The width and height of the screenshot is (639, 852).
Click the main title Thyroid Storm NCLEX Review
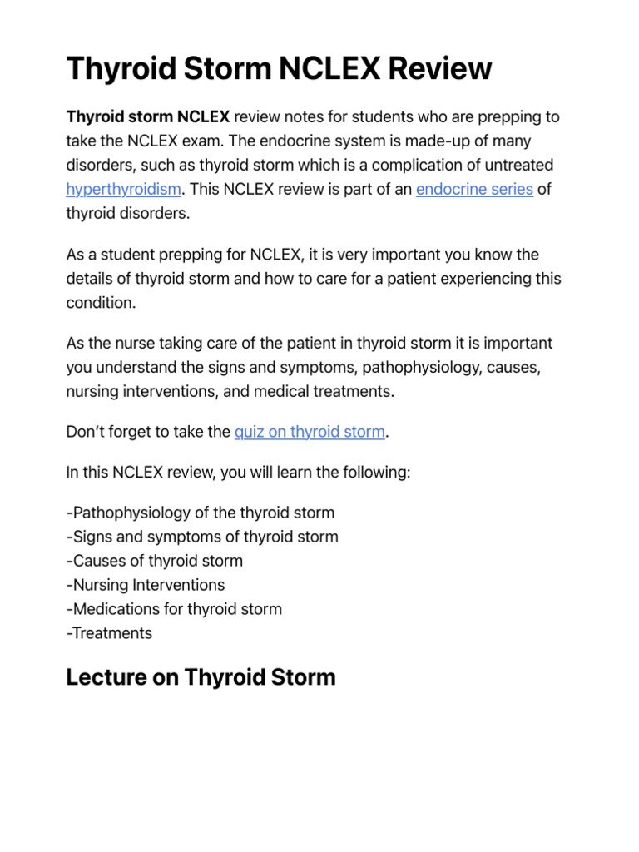(x=279, y=68)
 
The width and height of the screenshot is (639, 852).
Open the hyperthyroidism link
(x=123, y=189)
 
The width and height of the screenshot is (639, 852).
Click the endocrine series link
(x=474, y=189)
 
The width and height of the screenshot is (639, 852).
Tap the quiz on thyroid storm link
(x=310, y=432)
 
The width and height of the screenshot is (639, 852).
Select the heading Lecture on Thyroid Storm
(x=201, y=677)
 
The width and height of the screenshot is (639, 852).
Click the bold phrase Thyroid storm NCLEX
(x=148, y=116)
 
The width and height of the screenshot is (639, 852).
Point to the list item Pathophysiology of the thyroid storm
(x=201, y=513)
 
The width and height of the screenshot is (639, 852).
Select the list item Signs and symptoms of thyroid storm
(x=202, y=537)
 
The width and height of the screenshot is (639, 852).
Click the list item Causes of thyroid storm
(x=155, y=561)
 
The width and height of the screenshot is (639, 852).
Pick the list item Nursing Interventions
(x=146, y=585)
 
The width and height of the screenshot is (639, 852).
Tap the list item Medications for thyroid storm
(x=174, y=609)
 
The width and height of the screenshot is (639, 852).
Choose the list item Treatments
(x=109, y=633)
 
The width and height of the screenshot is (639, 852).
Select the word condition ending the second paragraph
(x=99, y=303)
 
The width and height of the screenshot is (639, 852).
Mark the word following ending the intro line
(x=379, y=473)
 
